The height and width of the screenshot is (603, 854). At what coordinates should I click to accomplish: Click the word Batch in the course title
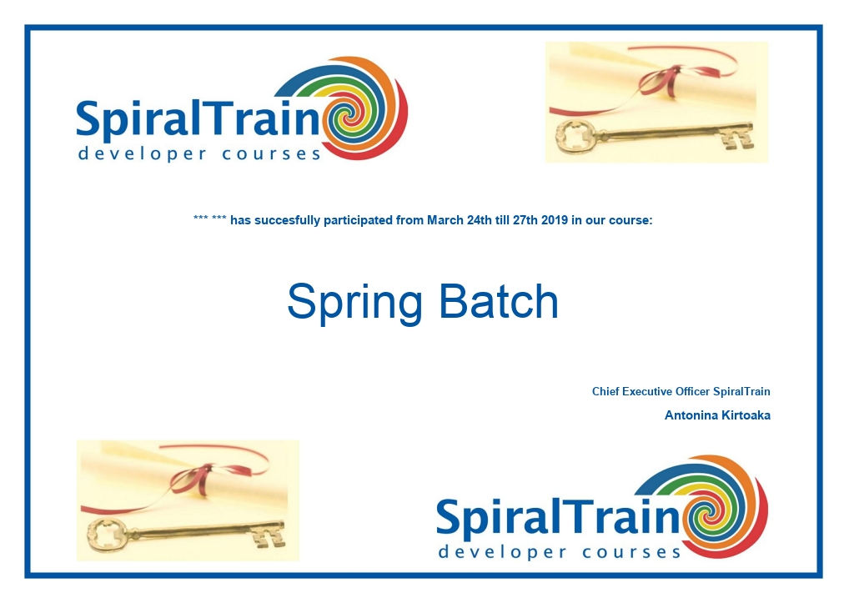click(499, 301)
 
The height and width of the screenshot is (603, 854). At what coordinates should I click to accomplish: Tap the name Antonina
click(691, 415)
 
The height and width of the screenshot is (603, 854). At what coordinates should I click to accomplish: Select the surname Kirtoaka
click(746, 415)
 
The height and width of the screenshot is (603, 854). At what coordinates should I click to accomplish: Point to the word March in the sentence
click(445, 220)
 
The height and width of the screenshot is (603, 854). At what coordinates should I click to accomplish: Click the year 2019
click(555, 220)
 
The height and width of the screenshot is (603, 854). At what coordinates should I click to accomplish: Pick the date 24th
click(479, 220)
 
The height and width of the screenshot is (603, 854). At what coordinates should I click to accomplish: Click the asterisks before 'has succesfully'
click(209, 219)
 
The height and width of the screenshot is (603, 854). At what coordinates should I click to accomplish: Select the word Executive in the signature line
click(647, 391)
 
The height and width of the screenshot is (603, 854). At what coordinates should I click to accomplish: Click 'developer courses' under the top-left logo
click(199, 153)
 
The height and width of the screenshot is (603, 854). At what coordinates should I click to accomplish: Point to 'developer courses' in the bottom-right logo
click(560, 552)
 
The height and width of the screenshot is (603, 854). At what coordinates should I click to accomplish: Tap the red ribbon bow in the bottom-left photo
click(193, 480)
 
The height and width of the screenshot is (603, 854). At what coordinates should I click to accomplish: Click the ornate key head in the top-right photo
click(575, 136)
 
